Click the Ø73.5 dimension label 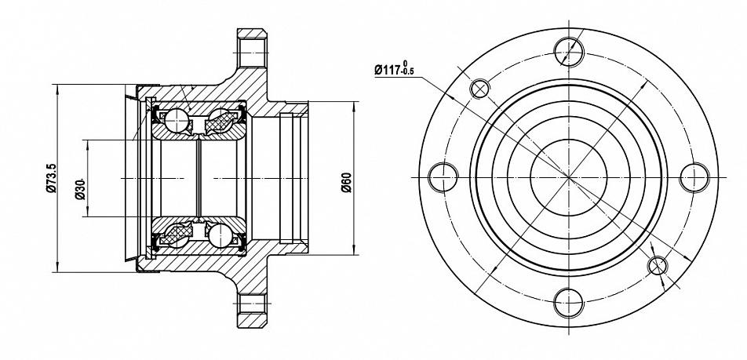click(52, 178)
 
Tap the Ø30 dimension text click(79, 190)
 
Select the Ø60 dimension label click(346, 183)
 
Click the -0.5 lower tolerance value click(408, 72)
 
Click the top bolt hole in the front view click(569, 51)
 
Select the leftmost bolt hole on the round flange click(443, 177)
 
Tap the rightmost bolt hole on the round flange click(694, 177)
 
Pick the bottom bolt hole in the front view click(569, 303)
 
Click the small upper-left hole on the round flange click(479, 89)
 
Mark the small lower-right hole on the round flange click(658, 266)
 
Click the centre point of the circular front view click(569, 177)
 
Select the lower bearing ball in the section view click(220, 235)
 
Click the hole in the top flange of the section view click(252, 53)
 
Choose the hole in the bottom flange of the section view click(252, 304)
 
